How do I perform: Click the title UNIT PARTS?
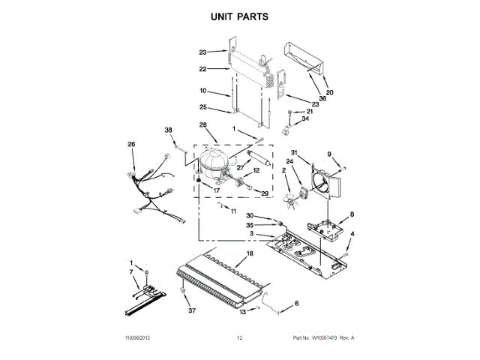[240, 16]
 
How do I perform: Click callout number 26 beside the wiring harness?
[131, 145]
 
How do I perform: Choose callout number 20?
[329, 92]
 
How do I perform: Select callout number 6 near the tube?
[295, 303]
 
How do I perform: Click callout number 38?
[169, 130]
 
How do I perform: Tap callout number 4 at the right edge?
[353, 235]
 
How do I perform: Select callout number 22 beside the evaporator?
[202, 69]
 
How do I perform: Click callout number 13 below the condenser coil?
[242, 312]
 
